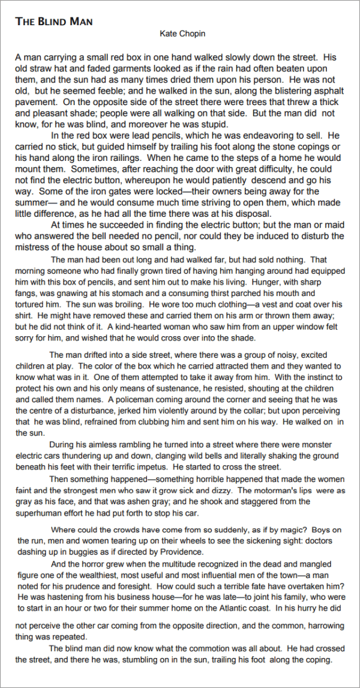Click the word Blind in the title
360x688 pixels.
(x=55, y=22)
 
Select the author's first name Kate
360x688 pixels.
(x=168, y=34)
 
